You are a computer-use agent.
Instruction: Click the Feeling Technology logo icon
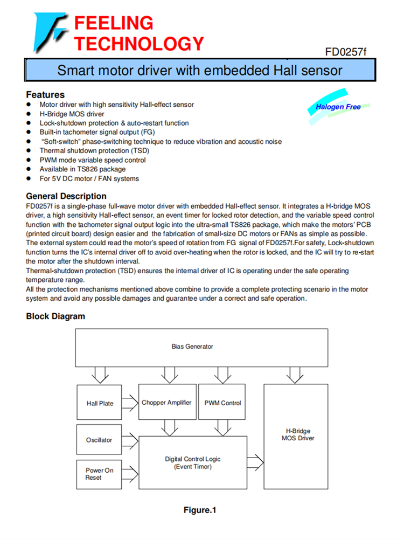50,32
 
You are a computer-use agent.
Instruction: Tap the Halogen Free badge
338,107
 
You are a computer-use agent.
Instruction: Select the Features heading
45,94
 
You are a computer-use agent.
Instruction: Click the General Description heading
66,196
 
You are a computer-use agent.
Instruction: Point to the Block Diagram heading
55,316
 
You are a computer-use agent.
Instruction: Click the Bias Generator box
192,347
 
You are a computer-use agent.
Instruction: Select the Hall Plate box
100,403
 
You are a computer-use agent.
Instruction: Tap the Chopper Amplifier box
166,403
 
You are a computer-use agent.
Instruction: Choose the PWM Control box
222,403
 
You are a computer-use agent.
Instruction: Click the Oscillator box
100,440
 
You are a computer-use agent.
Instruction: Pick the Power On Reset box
100,474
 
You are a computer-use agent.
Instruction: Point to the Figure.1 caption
200,510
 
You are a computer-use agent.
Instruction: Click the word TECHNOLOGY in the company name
138,43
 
